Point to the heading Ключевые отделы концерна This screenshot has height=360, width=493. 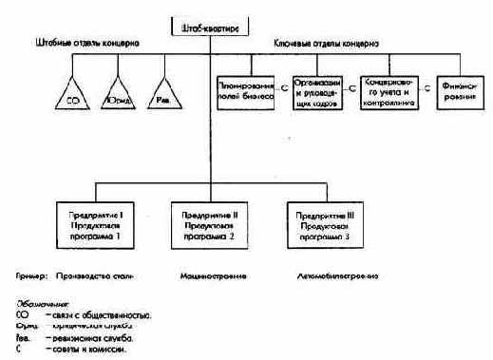[x=328, y=44]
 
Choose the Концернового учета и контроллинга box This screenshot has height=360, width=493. [x=391, y=91]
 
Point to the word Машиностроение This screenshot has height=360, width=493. [x=212, y=277]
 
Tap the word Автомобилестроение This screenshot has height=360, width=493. [x=339, y=277]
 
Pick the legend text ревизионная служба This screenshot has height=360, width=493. [x=94, y=337]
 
